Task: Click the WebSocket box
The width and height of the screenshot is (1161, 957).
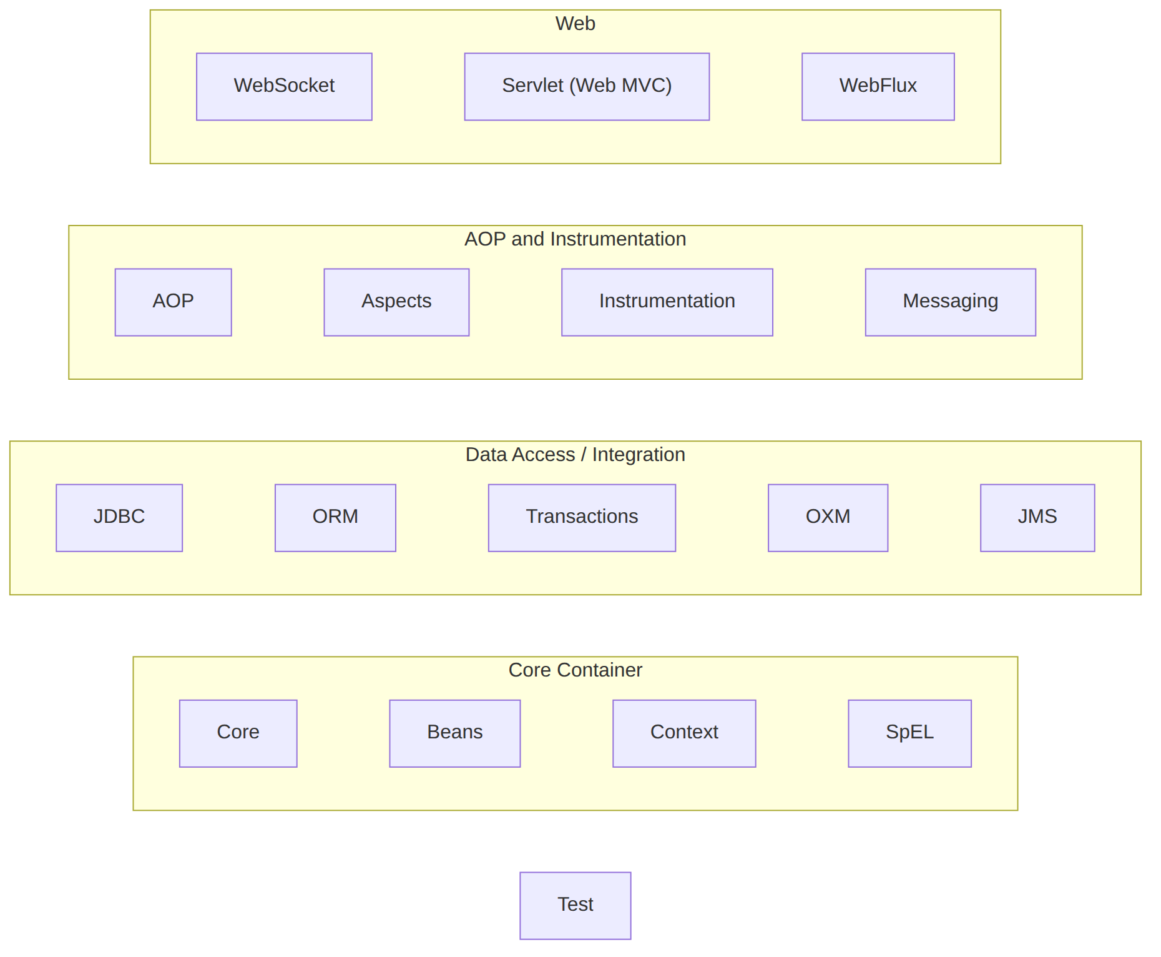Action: [x=284, y=87]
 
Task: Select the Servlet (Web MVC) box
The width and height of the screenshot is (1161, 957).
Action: [x=587, y=87]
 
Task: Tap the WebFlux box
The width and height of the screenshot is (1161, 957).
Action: [x=878, y=87]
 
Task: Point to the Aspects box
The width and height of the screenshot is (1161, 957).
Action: [x=396, y=302]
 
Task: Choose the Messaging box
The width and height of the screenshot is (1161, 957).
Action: [x=950, y=302]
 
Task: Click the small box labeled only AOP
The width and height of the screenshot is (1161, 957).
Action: [x=173, y=302]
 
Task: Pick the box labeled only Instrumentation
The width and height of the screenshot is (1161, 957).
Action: [x=667, y=302]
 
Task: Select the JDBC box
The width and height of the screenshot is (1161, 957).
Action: [x=119, y=518]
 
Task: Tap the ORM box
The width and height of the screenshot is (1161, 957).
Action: [x=335, y=518]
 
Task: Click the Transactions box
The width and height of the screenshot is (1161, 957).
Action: [x=582, y=518]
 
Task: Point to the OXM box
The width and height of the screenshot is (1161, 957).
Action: [x=828, y=518]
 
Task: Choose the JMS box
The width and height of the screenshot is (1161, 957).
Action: [x=1037, y=518]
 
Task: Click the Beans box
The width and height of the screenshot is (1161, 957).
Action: [x=454, y=733]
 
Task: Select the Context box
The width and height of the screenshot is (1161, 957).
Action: [x=684, y=733]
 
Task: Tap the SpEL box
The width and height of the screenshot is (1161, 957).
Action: [x=909, y=733]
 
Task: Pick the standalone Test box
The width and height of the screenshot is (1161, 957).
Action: [x=575, y=906]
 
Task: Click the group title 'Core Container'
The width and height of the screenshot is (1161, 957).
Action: [x=575, y=670]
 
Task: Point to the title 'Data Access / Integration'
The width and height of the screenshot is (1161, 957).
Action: [x=575, y=454]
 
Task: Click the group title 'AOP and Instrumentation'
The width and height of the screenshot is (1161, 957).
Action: [x=575, y=239]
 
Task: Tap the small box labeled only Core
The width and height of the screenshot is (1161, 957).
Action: [x=238, y=733]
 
